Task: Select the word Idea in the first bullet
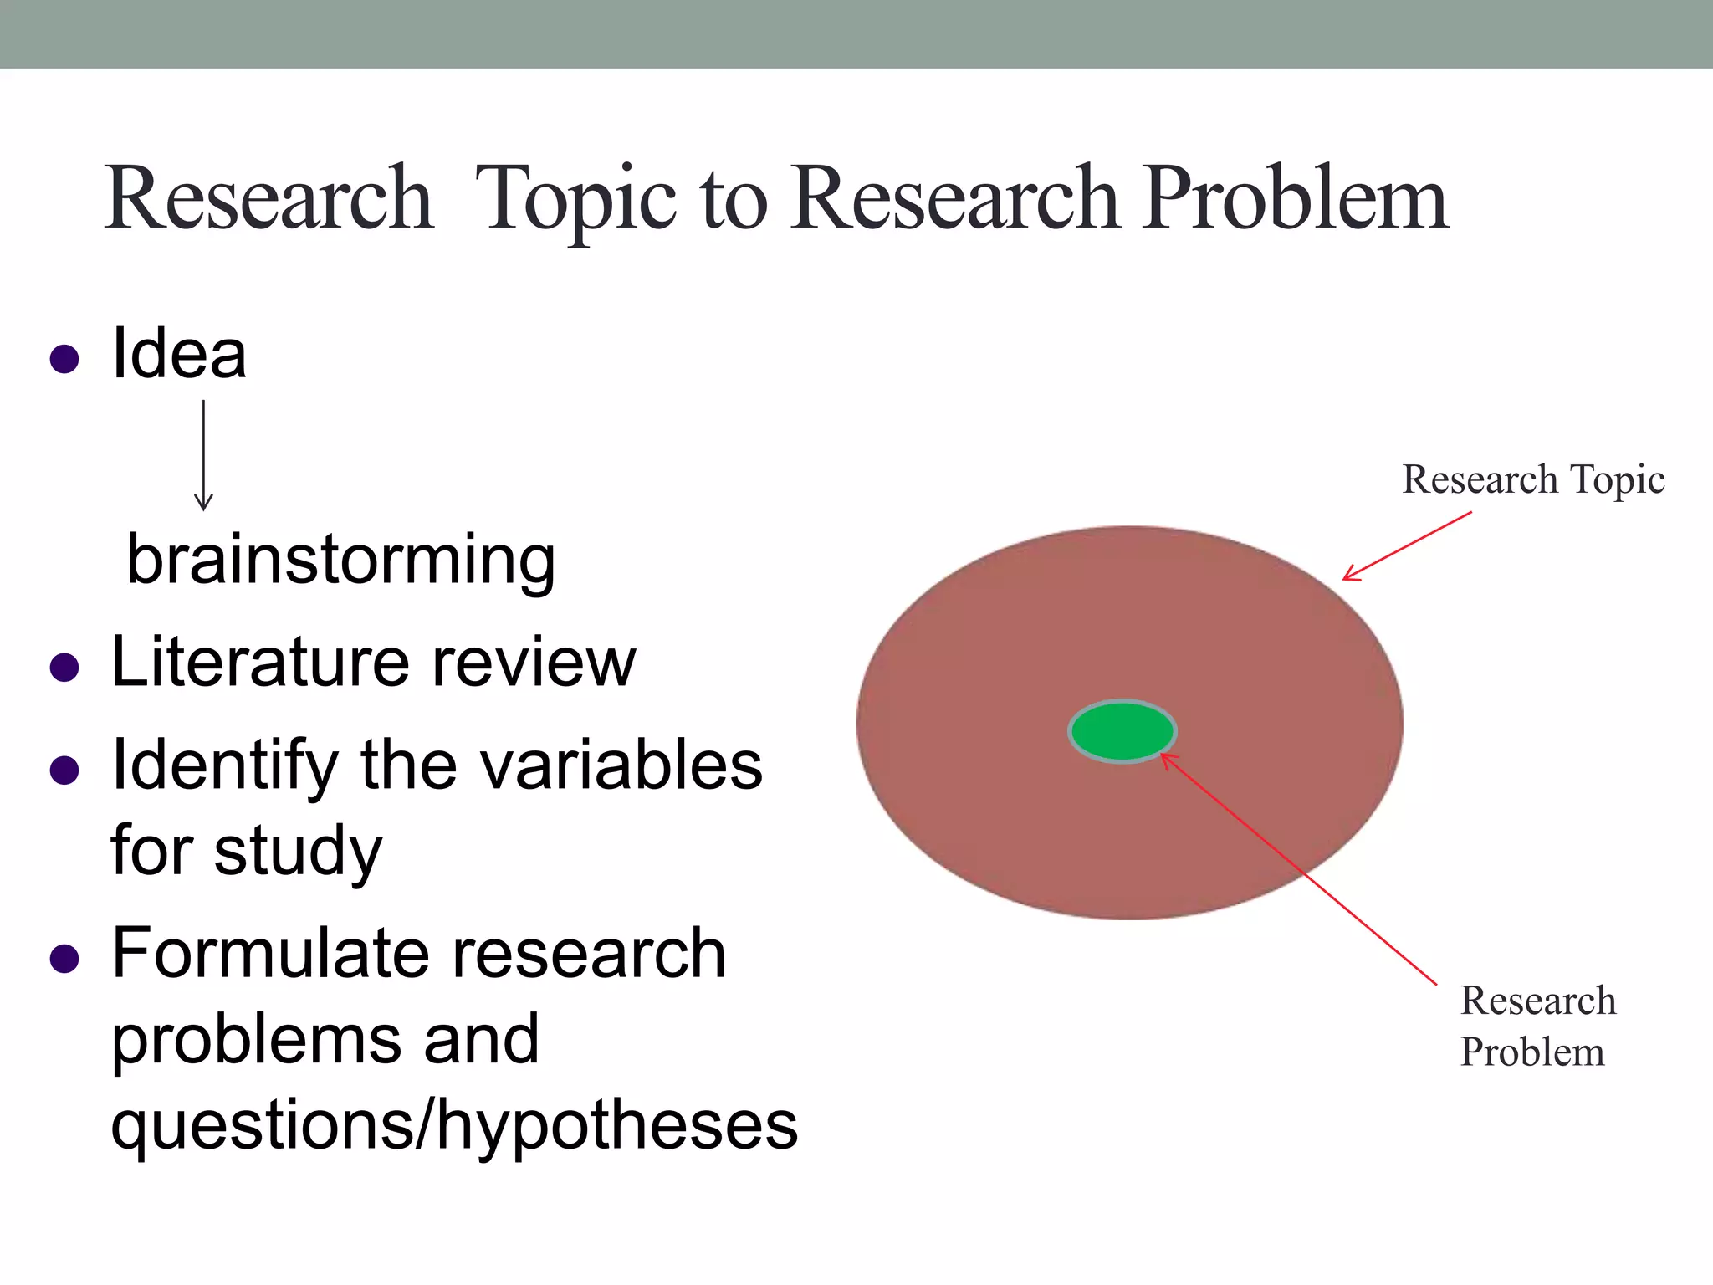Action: pyautogui.click(x=179, y=355)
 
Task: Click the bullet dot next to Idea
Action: pyautogui.click(x=64, y=359)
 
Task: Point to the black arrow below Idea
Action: pyautogui.click(x=203, y=456)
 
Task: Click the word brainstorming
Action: pyautogui.click(x=340, y=561)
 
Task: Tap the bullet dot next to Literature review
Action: pyautogui.click(x=64, y=668)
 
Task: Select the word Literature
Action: pyautogui.click(x=258, y=663)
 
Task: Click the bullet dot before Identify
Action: pyautogui.click(x=64, y=770)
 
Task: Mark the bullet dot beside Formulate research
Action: pyautogui.click(x=64, y=959)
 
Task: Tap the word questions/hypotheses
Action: pyautogui.click(x=454, y=1126)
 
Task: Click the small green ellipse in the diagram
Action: pyautogui.click(x=1122, y=731)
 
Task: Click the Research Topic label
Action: pyautogui.click(x=1532, y=479)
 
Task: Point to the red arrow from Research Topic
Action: pyautogui.click(x=1407, y=545)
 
